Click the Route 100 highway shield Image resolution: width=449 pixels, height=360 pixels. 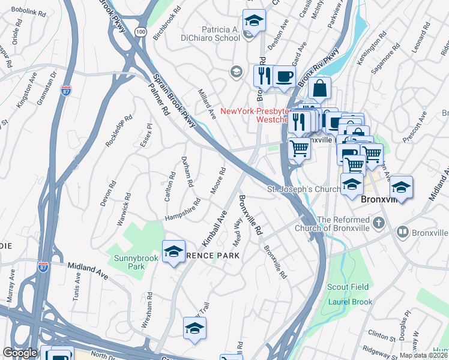tap(140, 31)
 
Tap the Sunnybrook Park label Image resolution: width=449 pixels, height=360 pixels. tap(130, 262)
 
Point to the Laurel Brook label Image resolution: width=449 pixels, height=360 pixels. tap(350, 302)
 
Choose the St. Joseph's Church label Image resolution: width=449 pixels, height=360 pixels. tap(303, 190)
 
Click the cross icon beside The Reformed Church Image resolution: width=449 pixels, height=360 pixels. tap(378, 223)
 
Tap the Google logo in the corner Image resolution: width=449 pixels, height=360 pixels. tap(20, 352)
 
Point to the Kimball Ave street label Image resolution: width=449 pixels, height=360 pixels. tap(214, 227)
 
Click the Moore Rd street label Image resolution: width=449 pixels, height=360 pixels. tap(217, 181)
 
